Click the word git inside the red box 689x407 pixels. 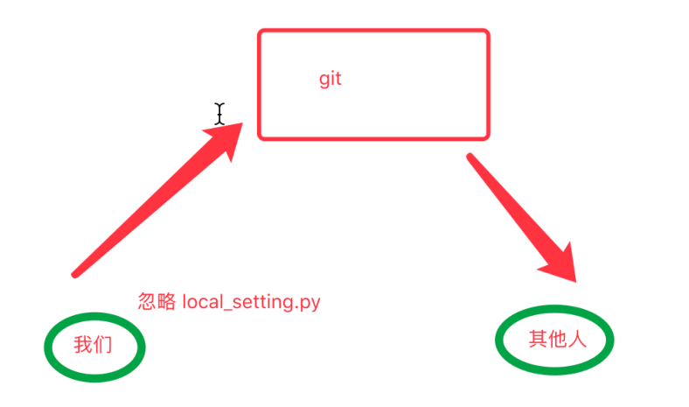click(x=330, y=79)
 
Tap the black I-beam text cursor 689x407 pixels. click(x=219, y=112)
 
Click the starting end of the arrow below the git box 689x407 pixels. click(x=471, y=158)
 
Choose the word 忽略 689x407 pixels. click(x=157, y=303)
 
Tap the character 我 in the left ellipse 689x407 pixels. click(x=82, y=345)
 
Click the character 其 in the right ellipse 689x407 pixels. click(x=537, y=339)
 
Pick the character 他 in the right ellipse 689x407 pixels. click(x=556, y=339)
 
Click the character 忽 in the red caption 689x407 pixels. click(x=148, y=303)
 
